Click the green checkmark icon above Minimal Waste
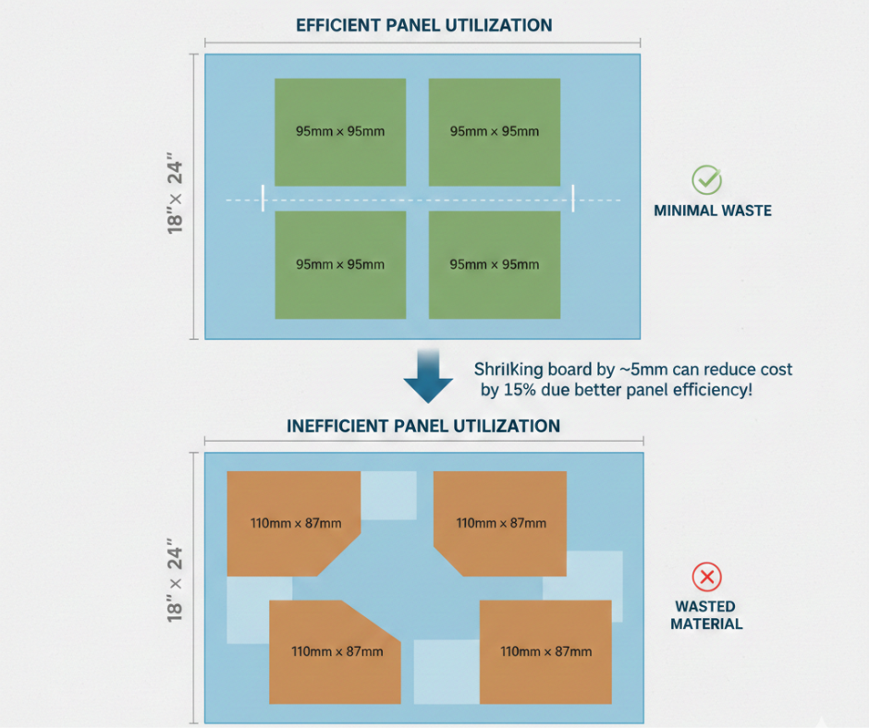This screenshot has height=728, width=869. [x=707, y=179]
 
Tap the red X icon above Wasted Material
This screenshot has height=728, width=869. [x=707, y=578]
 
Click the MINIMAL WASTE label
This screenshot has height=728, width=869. [x=712, y=211]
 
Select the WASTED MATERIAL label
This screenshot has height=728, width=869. [x=706, y=615]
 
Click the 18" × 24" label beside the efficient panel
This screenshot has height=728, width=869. [x=176, y=198]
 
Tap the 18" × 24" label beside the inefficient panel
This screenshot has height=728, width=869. [x=176, y=586]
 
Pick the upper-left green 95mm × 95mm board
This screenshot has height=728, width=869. [x=340, y=131]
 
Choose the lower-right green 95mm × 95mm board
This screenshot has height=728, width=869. [x=495, y=264]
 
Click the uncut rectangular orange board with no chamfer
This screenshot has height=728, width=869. [x=545, y=651]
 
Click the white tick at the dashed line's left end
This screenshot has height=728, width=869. [x=263, y=198]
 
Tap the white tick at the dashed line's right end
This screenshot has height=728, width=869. [x=573, y=198]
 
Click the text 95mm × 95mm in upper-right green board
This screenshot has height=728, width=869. [x=495, y=131]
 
